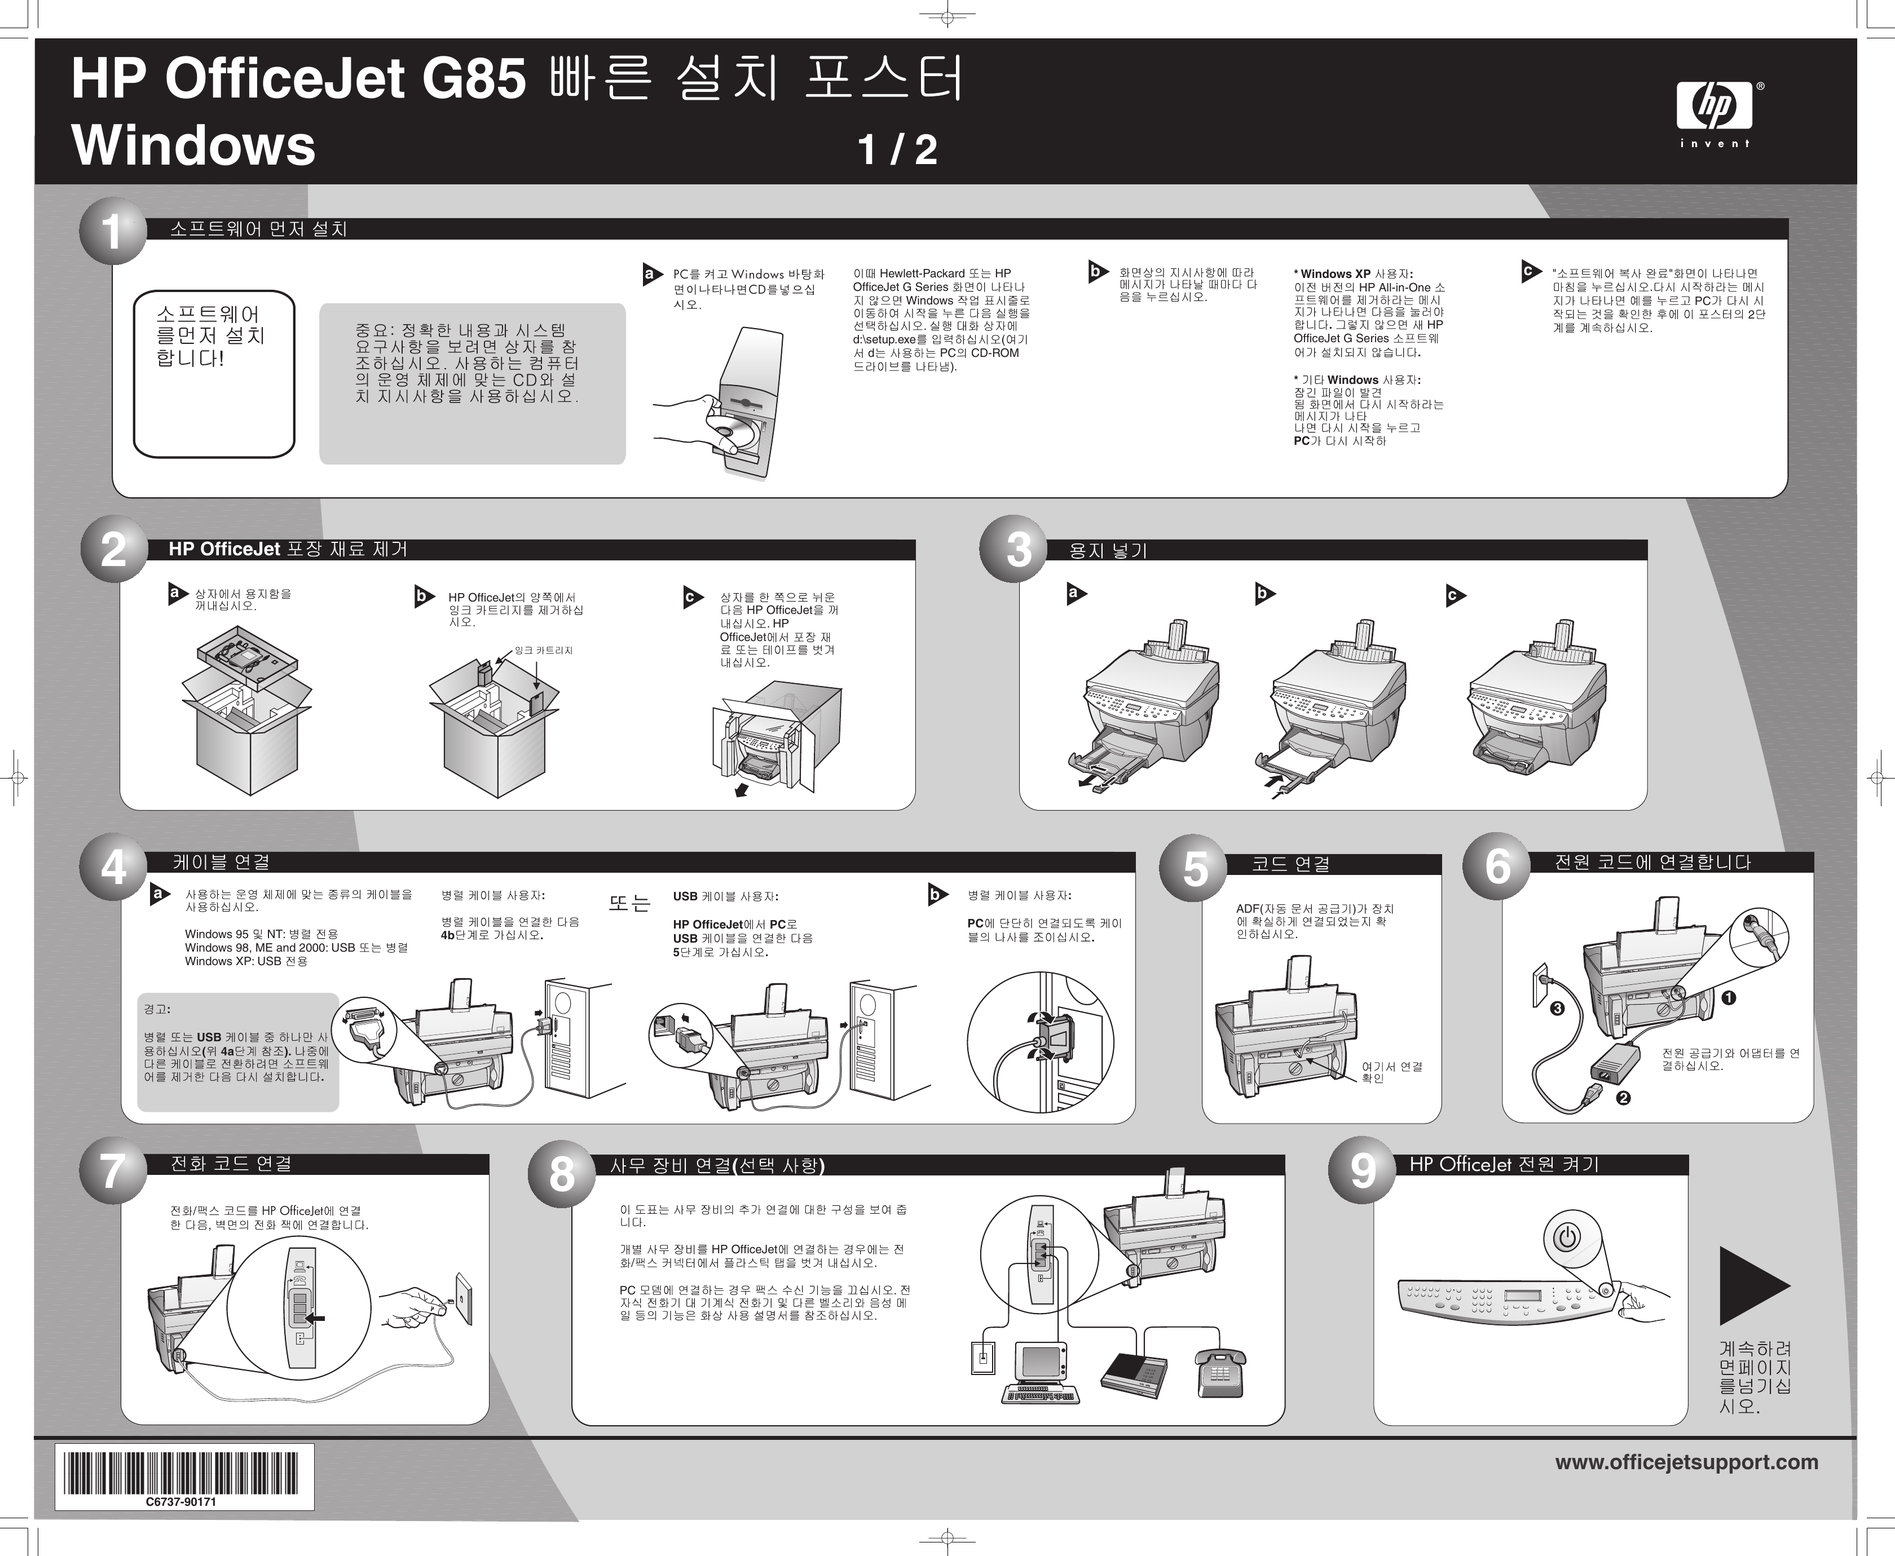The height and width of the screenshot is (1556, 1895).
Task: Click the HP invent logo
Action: coord(1714,114)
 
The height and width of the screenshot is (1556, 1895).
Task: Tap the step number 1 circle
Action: coord(113,231)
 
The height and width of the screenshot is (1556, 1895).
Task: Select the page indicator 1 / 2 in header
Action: coord(897,150)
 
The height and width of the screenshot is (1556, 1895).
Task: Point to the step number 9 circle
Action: coord(1363,1170)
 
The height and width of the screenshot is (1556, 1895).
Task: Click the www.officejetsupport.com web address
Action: coord(1686,1462)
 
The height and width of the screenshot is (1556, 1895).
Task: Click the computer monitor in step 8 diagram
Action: coord(1040,1360)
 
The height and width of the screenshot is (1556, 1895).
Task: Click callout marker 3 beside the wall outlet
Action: coord(1558,1009)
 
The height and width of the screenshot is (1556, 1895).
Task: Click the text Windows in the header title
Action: coord(193,145)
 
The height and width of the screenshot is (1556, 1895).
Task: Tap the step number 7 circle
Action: coord(113,1170)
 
